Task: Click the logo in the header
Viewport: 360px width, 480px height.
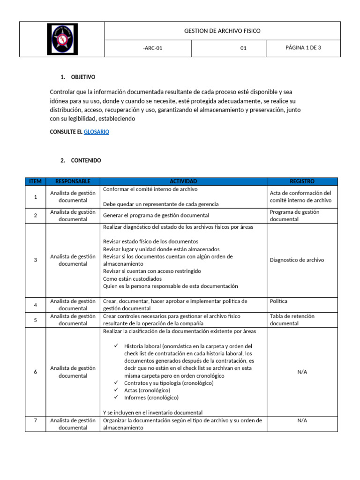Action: click(x=62, y=39)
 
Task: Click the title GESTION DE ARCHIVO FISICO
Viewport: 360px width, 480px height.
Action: click(x=222, y=31)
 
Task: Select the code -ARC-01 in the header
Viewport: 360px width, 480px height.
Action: click(x=152, y=48)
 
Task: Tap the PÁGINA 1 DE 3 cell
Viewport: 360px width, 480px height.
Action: click(x=303, y=47)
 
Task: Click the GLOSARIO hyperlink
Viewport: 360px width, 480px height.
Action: click(x=96, y=132)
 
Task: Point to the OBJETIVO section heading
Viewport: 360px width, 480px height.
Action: click(x=83, y=77)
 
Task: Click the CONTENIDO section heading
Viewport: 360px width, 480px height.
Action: click(x=86, y=160)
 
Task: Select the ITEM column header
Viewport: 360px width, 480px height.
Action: click(x=35, y=181)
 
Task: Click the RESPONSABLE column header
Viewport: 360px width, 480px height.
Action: click(x=73, y=181)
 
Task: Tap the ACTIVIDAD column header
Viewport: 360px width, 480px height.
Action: click(x=183, y=181)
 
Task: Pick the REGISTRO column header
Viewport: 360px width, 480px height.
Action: click(x=302, y=181)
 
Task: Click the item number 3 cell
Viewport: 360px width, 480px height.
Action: click(x=35, y=260)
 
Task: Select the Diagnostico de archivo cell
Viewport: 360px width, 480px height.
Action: click(x=297, y=260)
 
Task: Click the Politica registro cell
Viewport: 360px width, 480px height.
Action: click(x=279, y=301)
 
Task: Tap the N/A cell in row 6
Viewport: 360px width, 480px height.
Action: click(x=302, y=372)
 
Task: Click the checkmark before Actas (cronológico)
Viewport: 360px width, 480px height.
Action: click(x=116, y=390)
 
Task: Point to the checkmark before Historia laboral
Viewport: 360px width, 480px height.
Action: click(x=116, y=346)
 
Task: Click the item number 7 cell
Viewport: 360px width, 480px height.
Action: click(x=35, y=420)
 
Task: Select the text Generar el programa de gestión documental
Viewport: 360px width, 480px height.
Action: click(x=156, y=216)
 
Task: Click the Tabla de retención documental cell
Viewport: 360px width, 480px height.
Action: click(x=292, y=320)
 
